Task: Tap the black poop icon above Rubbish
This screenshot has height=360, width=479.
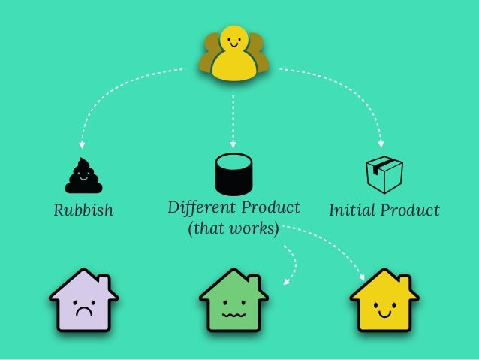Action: (83, 176)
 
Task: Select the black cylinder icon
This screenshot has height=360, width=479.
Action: (233, 173)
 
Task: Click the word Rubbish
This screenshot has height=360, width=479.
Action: (83, 210)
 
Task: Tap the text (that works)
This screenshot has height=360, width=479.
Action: (233, 228)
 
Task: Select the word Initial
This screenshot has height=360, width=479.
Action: (352, 210)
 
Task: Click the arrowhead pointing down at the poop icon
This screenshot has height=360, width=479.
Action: (83, 143)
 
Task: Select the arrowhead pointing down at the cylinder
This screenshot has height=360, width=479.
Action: (233, 143)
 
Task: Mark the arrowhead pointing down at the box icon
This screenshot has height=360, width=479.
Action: (381, 143)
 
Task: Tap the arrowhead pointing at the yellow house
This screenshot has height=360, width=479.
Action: (364, 277)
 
